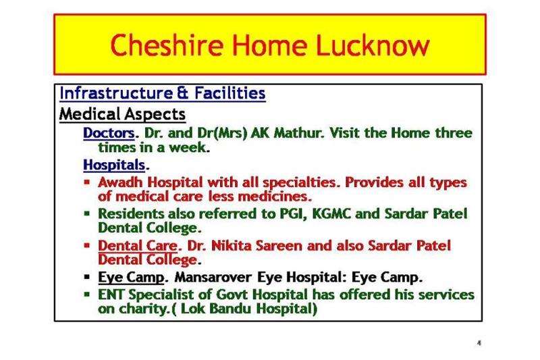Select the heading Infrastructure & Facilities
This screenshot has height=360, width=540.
162,93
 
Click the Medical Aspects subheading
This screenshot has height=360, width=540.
122,113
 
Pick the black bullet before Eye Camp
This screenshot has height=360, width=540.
87,277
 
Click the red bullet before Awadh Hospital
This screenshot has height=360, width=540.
87,182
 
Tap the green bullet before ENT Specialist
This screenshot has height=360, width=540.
87,294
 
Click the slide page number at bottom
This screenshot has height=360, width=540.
479,342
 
